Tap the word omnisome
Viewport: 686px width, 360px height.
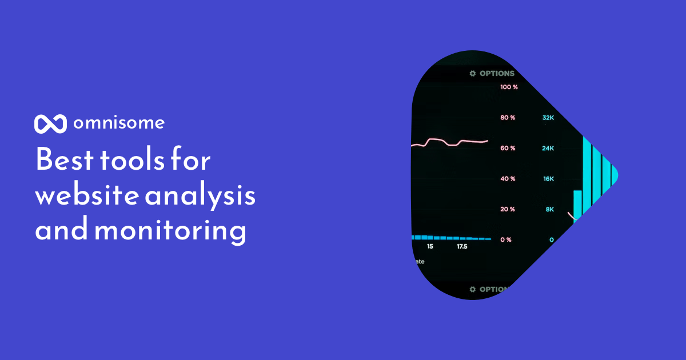point(119,123)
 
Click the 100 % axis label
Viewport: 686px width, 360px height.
point(509,87)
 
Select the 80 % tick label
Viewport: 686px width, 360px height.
point(508,118)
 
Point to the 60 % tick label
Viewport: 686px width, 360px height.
point(508,149)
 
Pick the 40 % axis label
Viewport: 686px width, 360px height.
point(508,179)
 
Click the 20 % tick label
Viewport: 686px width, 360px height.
point(508,209)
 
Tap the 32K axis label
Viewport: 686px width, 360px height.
point(548,118)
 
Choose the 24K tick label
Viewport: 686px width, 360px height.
point(548,149)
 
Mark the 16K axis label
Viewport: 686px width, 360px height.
point(548,179)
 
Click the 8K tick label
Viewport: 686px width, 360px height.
point(549,209)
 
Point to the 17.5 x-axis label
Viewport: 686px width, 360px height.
point(461,247)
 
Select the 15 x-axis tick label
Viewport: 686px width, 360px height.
point(430,247)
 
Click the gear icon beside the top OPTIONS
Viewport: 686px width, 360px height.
point(473,74)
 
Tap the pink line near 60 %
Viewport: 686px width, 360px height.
point(452,142)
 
